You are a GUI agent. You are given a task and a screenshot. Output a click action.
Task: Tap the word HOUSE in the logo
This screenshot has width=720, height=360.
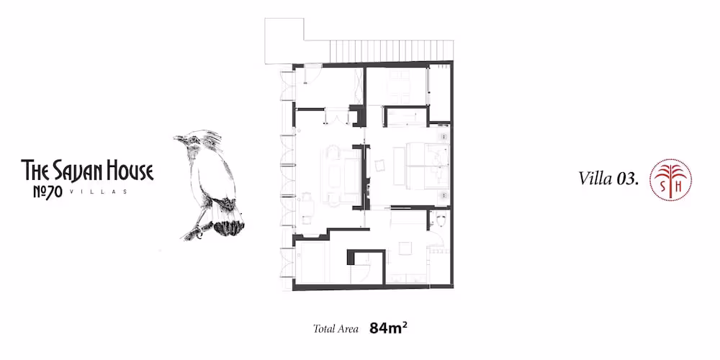pos(130,171)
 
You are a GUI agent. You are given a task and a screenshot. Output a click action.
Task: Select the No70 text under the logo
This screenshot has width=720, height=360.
pos(48,192)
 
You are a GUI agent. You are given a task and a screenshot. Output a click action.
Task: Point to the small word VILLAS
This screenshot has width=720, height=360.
pos(99,192)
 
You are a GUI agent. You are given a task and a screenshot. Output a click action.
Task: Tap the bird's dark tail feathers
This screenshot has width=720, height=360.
pos(229,226)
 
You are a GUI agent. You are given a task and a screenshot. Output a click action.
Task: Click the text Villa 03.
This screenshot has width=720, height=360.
pos(609,179)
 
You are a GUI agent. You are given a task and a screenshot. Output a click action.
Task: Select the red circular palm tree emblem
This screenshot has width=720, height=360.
pos(670,180)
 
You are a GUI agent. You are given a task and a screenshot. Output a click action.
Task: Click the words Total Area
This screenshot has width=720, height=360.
pos(336,329)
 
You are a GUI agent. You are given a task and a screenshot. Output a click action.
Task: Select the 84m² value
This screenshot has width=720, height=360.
pos(389,328)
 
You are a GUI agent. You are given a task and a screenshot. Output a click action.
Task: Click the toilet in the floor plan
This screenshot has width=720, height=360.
pos(441,220)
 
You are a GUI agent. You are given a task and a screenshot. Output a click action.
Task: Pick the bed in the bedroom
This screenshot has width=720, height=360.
pos(427,164)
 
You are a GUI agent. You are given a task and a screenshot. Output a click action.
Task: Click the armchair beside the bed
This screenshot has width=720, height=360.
pos(380,166)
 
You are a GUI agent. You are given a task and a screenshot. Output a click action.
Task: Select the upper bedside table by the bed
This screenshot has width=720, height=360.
pos(444,137)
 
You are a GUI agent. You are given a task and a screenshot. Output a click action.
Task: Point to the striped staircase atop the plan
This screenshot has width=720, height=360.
pos(392,50)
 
